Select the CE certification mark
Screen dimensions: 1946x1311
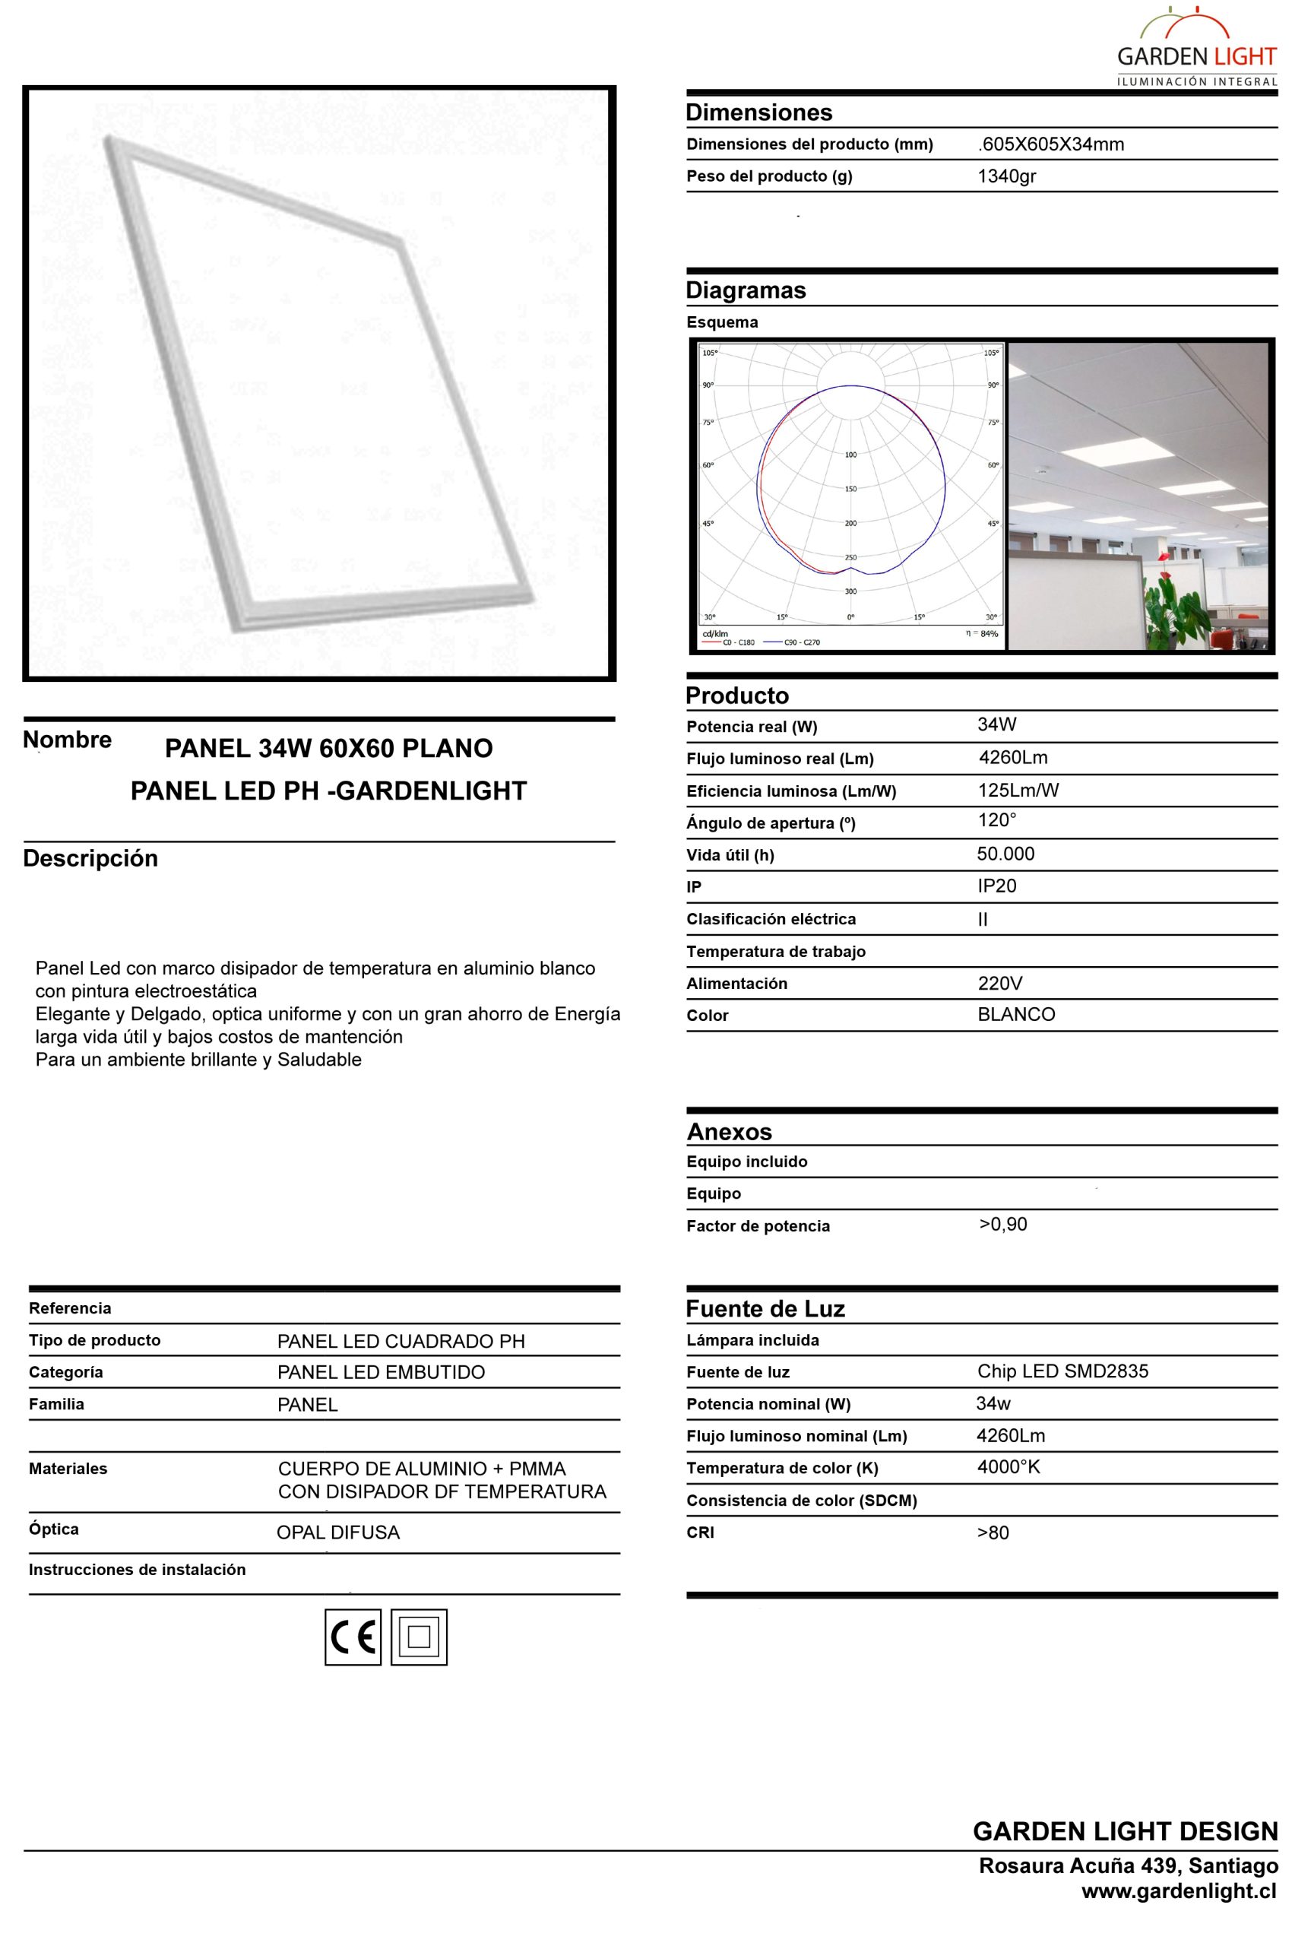[x=353, y=1637]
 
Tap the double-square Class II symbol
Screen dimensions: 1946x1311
[x=419, y=1637]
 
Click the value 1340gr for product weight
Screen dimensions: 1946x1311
[x=1007, y=176]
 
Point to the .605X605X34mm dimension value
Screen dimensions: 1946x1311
[x=1051, y=144]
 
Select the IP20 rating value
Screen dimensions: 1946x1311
[x=996, y=886]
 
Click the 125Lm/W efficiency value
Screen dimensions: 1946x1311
[x=1018, y=791]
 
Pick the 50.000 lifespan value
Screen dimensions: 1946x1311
[x=1005, y=854]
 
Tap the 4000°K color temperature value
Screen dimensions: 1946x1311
[x=1008, y=1466]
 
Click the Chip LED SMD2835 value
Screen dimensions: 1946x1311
[x=1062, y=1371]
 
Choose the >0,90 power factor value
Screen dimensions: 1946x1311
[x=1002, y=1225]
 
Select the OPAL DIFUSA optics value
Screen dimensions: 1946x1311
[x=337, y=1532]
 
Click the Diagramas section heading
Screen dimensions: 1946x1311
[x=746, y=290]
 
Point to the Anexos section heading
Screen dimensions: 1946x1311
[x=729, y=1131]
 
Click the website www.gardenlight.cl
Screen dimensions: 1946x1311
[x=1178, y=1891]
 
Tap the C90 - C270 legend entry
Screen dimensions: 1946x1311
[x=801, y=642]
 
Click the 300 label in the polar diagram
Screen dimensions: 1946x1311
[x=850, y=591]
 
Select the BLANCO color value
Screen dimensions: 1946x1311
[x=1016, y=1014]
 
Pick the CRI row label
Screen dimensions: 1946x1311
[x=700, y=1532]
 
